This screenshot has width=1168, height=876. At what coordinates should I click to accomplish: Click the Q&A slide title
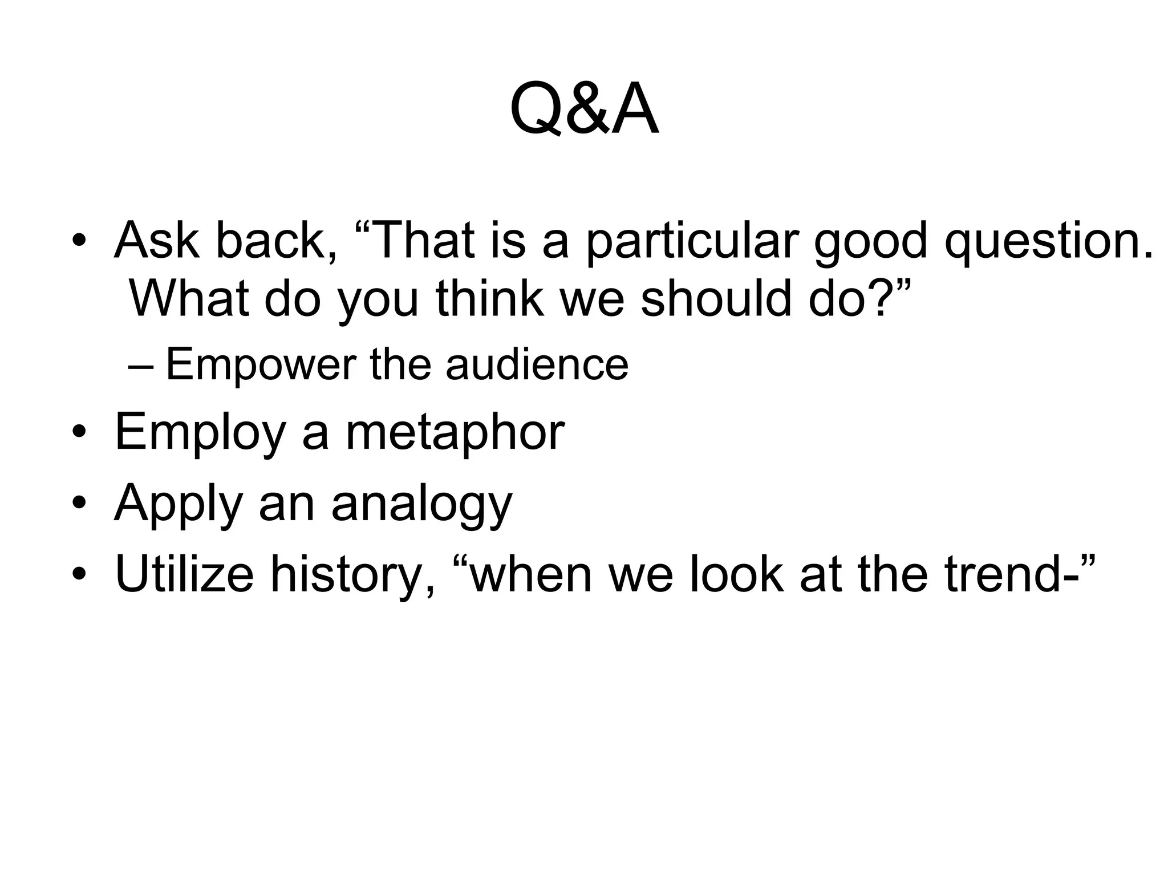584,109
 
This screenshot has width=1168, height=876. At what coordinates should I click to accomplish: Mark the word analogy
422,504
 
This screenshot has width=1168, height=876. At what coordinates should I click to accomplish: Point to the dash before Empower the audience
140,366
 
